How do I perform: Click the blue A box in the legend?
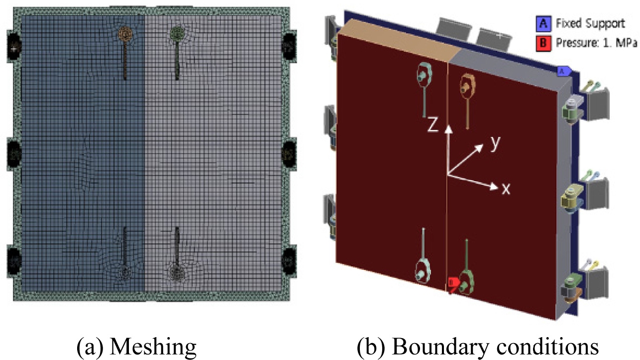tap(542, 23)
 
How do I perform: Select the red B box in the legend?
tap(542, 43)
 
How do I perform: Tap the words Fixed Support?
tap(583, 23)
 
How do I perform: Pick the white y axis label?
tap(495, 142)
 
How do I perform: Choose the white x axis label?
tap(506, 189)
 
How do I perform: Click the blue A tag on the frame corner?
tap(562, 71)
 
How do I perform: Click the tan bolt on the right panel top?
tap(467, 86)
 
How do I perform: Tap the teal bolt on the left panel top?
tap(425, 75)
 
